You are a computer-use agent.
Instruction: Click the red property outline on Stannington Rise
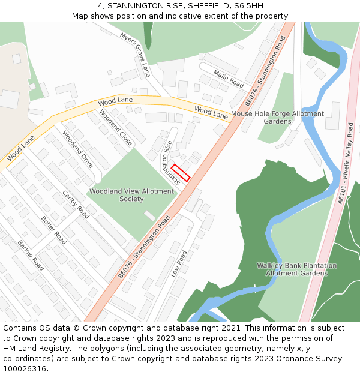[x=181, y=172]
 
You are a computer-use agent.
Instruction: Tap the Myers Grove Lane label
[x=136, y=55]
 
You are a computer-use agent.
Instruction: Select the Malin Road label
[x=229, y=80]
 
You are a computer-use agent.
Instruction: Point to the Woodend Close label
[x=116, y=128]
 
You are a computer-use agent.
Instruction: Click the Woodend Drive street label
[x=77, y=149]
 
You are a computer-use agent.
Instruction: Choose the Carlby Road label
[x=76, y=204]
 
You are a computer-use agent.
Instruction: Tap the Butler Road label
[x=53, y=229]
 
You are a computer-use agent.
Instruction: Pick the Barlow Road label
[x=31, y=255]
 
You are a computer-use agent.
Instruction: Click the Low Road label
[x=179, y=263]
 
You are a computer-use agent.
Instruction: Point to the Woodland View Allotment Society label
[x=131, y=195]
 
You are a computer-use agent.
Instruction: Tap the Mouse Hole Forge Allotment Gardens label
[x=277, y=117]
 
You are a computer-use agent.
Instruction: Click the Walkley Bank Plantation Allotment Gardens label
[x=296, y=269]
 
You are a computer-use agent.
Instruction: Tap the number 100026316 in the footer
[x=25, y=368]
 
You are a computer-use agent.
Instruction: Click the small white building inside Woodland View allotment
[x=150, y=215]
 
